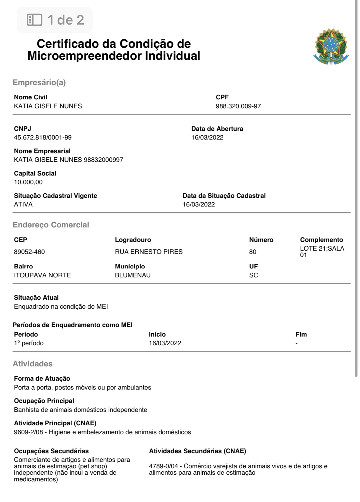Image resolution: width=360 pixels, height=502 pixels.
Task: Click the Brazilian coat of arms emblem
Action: click(331, 46)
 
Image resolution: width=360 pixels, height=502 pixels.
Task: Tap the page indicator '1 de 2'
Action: click(55, 20)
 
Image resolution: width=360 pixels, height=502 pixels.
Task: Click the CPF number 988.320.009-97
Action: click(238, 106)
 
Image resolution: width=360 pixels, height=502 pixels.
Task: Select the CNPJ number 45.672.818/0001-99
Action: click(43, 137)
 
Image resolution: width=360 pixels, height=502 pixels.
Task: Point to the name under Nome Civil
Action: click(48, 106)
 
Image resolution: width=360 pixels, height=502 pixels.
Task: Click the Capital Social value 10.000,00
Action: click(28, 182)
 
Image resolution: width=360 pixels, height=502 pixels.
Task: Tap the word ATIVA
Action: click(23, 204)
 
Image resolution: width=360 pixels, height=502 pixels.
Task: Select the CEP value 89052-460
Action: click(29, 252)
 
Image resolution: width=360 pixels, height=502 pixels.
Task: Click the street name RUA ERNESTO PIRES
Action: click(148, 252)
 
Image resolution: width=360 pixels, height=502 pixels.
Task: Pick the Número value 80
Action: click(253, 252)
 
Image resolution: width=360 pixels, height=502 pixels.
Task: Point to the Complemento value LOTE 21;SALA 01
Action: click(322, 251)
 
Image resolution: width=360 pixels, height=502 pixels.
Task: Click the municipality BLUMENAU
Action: click(133, 275)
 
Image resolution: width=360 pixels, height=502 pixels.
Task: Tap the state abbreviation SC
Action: click(253, 275)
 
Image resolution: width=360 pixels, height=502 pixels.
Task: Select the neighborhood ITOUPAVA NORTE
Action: click(42, 275)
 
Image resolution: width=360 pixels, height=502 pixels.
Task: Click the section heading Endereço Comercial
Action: click(51, 225)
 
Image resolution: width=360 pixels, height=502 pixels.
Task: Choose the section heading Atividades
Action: click(33, 364)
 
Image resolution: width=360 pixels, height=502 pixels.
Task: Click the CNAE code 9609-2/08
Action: click(28, 432)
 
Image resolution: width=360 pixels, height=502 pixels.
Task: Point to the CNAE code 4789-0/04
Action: click(163, 466)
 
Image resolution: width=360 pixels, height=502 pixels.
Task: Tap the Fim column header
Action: click(301, 334)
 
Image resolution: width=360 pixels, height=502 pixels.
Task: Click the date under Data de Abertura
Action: click(207, 137)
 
